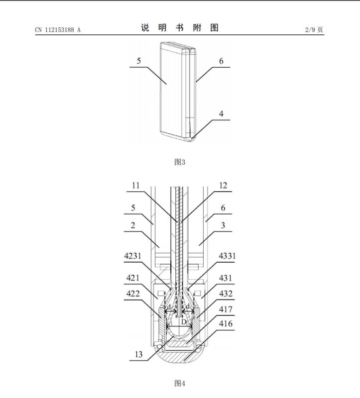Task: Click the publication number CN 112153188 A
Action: click(x=58, y=30)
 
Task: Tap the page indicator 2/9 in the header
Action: click(x=314, y=30)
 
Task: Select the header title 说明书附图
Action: click(x=180, y=28)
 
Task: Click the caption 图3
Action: click(x=180, y=162)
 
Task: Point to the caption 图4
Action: click(x=180, y=383)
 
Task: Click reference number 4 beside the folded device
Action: click(x=221, y=114)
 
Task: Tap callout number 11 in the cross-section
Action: click(x=136, y=186)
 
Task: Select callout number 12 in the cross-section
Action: click(x=223, y=186)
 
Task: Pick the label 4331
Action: click(x=227, y=256)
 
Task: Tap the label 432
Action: click(x=226, y=294)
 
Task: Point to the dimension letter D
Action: click(x=183, y=322)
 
